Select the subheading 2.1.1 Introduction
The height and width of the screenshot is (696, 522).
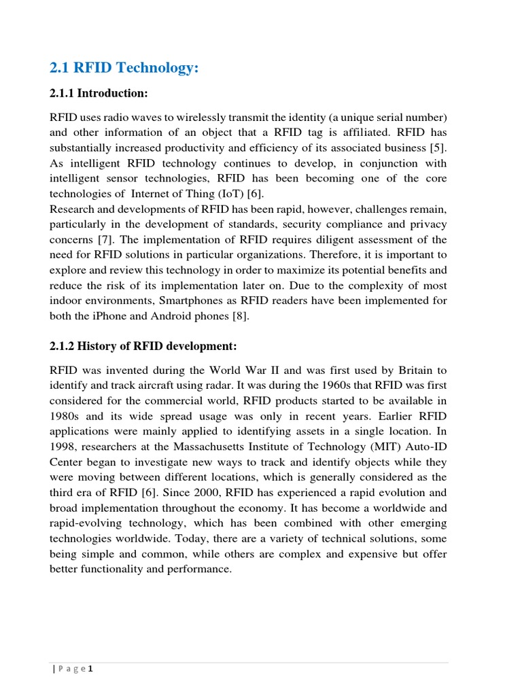point(99,93)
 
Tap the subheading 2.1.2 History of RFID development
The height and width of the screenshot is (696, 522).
point(143,347)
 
